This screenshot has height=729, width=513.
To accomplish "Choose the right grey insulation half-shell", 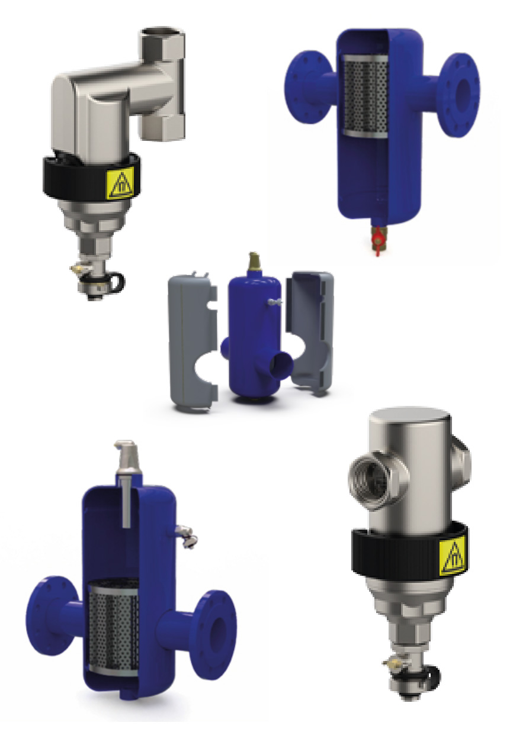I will (311, 331).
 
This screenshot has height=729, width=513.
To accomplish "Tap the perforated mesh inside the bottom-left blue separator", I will (113, 628).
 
